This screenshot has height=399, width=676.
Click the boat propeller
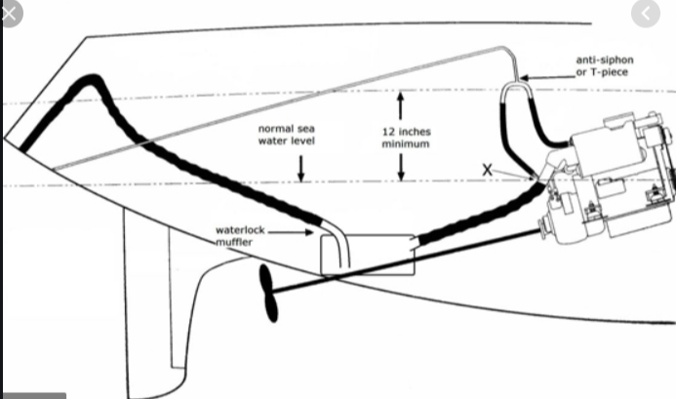pos(269,294)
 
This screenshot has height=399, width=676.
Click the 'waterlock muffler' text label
pos(240,236)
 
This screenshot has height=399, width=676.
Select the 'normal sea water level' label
pos(287,135)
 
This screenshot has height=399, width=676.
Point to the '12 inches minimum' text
pos(406,138)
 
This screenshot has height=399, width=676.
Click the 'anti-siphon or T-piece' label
pos(605,66)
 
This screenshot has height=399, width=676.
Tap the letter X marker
pos(487,170)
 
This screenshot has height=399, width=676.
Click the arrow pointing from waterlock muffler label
pos(290,232)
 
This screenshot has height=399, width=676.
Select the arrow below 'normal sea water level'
pos(300,168)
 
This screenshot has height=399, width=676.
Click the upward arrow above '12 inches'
pos(401,105)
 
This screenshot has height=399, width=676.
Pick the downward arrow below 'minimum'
pos(401,168)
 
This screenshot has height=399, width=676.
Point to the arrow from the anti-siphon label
pos(547,78)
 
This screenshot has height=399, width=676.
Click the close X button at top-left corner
pos(10,14)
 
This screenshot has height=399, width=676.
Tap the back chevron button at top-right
pos(646,14)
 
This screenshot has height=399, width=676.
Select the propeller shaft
pos(405,261)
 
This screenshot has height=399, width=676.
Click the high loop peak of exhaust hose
pos(91,80)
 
